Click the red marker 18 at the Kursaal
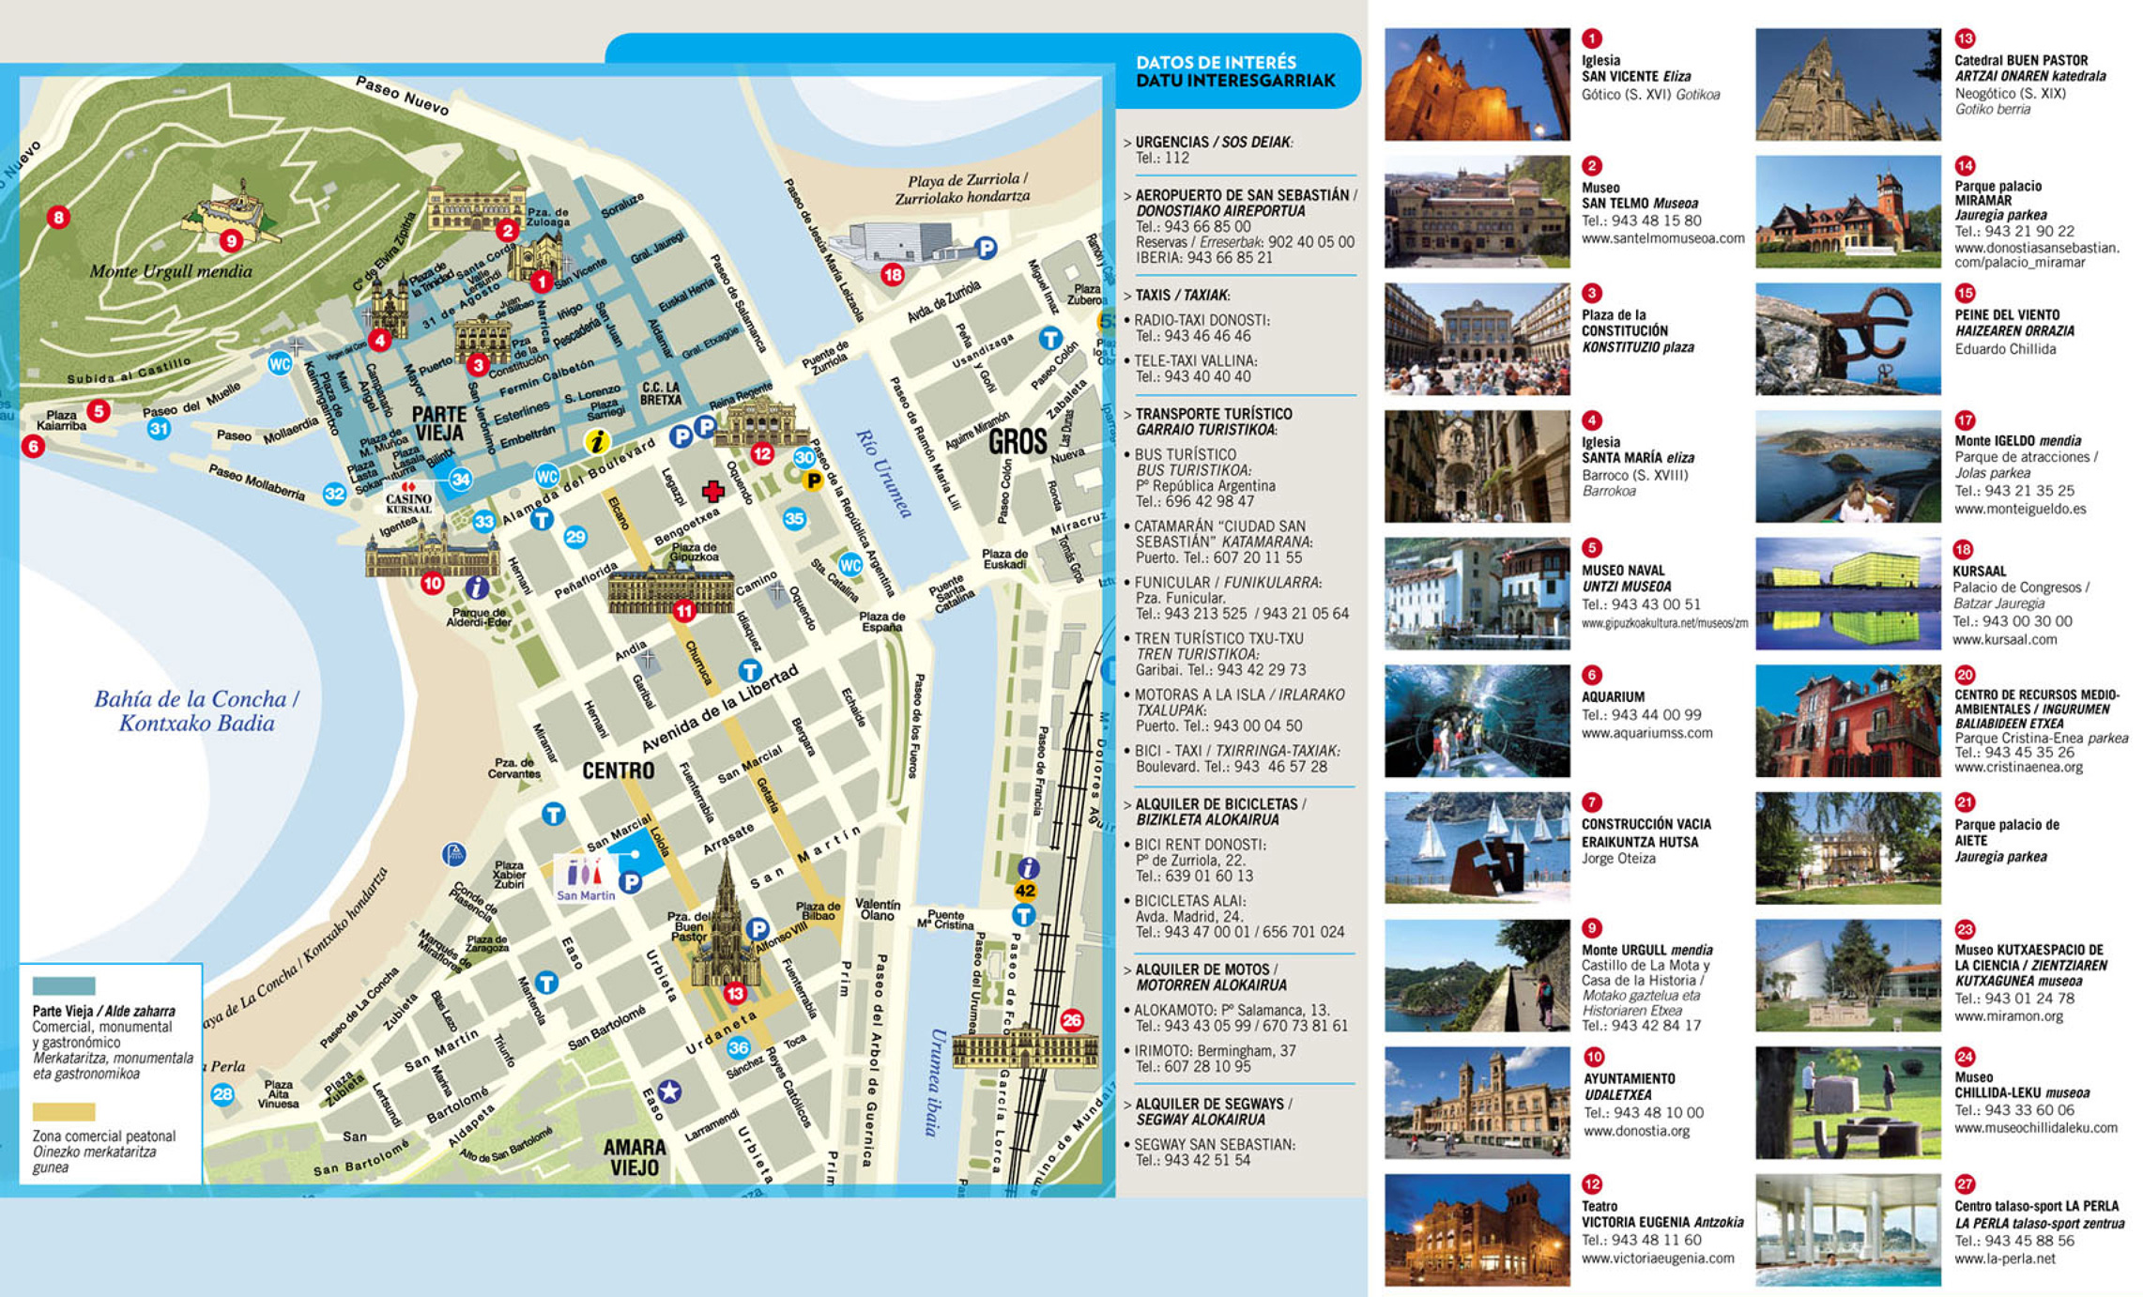[x=892, y=275]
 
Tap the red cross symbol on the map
[x=713, y=491]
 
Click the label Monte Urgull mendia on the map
[x=171, y=271]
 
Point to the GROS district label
[x=1018, y=441]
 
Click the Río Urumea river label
[x=883, y=472]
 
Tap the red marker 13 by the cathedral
[x=734, y=993]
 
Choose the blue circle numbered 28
[x=222, y=1093]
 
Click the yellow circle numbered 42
[x=1025, y=891]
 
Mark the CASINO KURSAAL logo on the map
[x=408, y=497]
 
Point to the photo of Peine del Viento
[x=1847, y=339]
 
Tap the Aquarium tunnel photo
[x=1477, y=721]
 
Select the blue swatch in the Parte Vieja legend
[x=64, y=986]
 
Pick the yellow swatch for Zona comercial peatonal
[x=64, y=1112]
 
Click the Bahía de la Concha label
[x=196, y=710]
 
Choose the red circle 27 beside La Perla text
[x=1965, y=1184]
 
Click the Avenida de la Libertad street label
[x=720, y=709]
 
